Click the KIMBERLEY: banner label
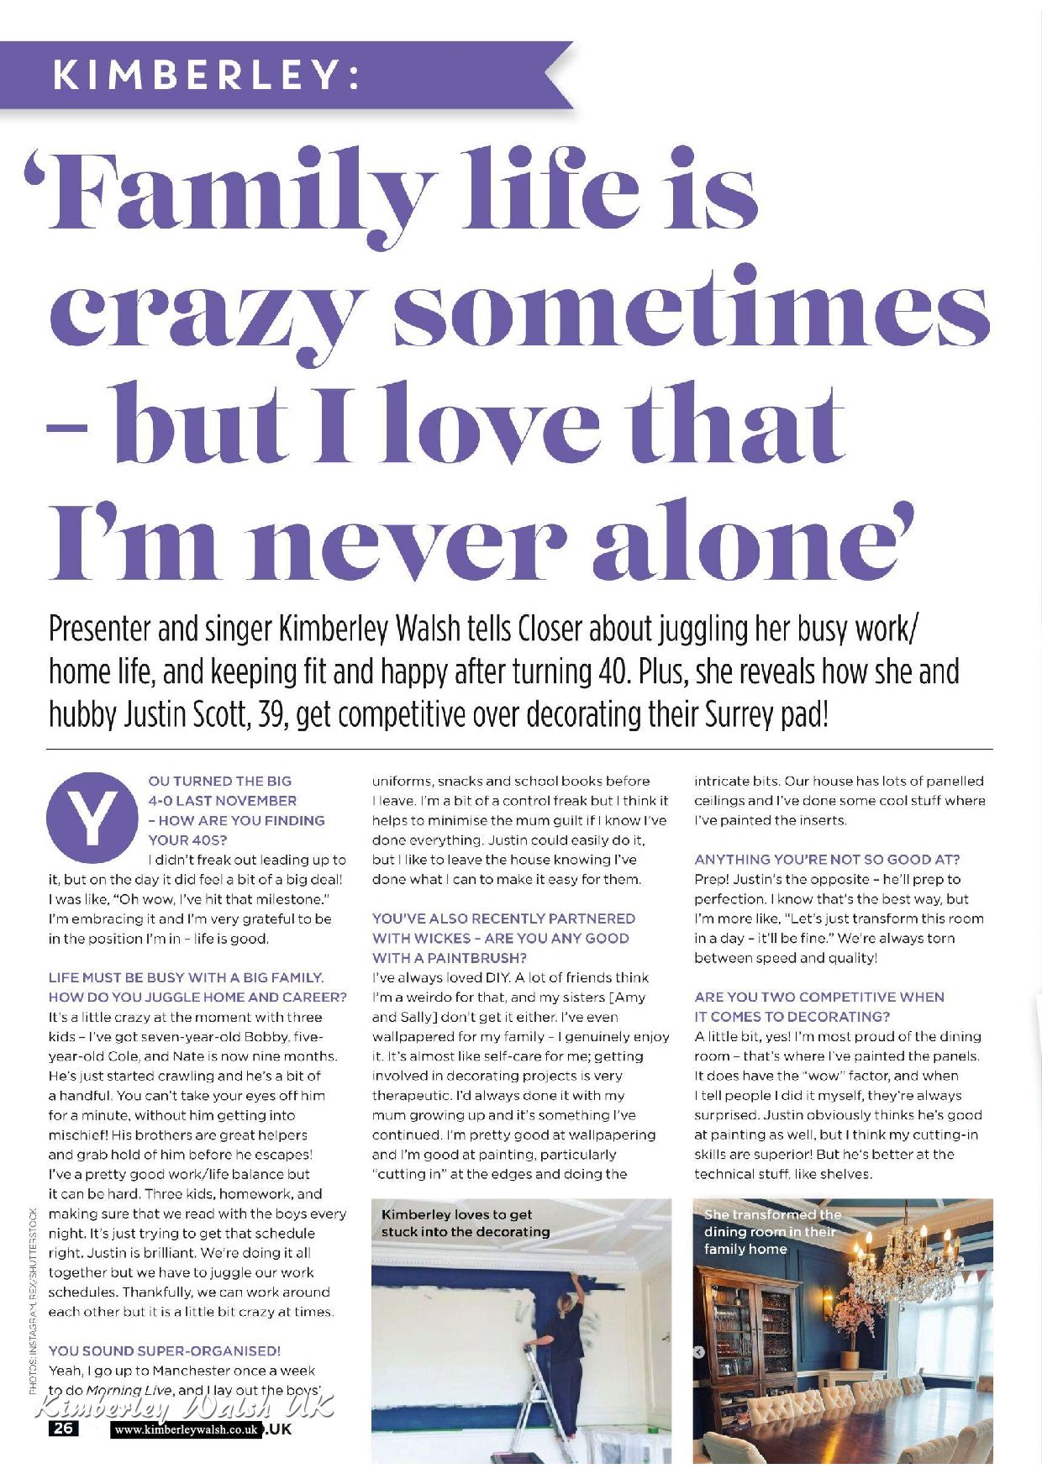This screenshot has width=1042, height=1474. (x=207, y=76)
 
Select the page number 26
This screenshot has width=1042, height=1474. (x=64, y=1428)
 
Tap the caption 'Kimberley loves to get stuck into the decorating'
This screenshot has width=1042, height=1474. (x=465, y=1223)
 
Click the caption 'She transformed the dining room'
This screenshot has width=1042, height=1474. (x=771, y=1231)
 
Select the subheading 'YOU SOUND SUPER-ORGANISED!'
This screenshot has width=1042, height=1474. (x=164, y=1350)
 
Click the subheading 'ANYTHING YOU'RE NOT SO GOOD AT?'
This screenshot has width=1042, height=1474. (x=826, y=859)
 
